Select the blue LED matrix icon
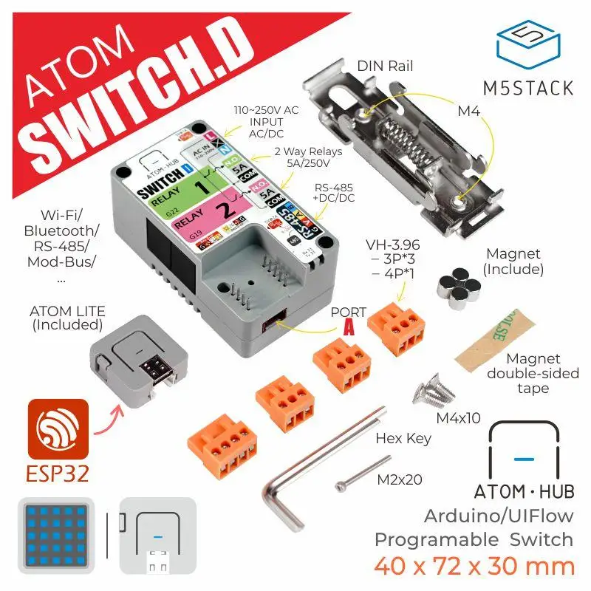pos(55,533)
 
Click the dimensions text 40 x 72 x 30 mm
pos(474,567)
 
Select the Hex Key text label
pos(403,438)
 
